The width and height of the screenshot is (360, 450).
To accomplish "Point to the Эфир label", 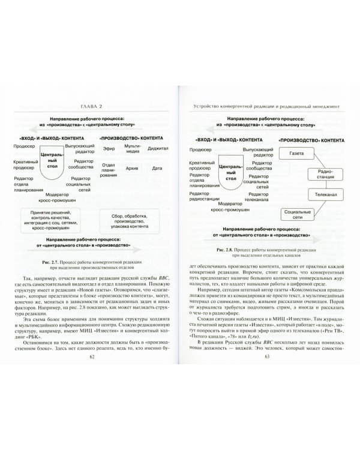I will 108,147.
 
